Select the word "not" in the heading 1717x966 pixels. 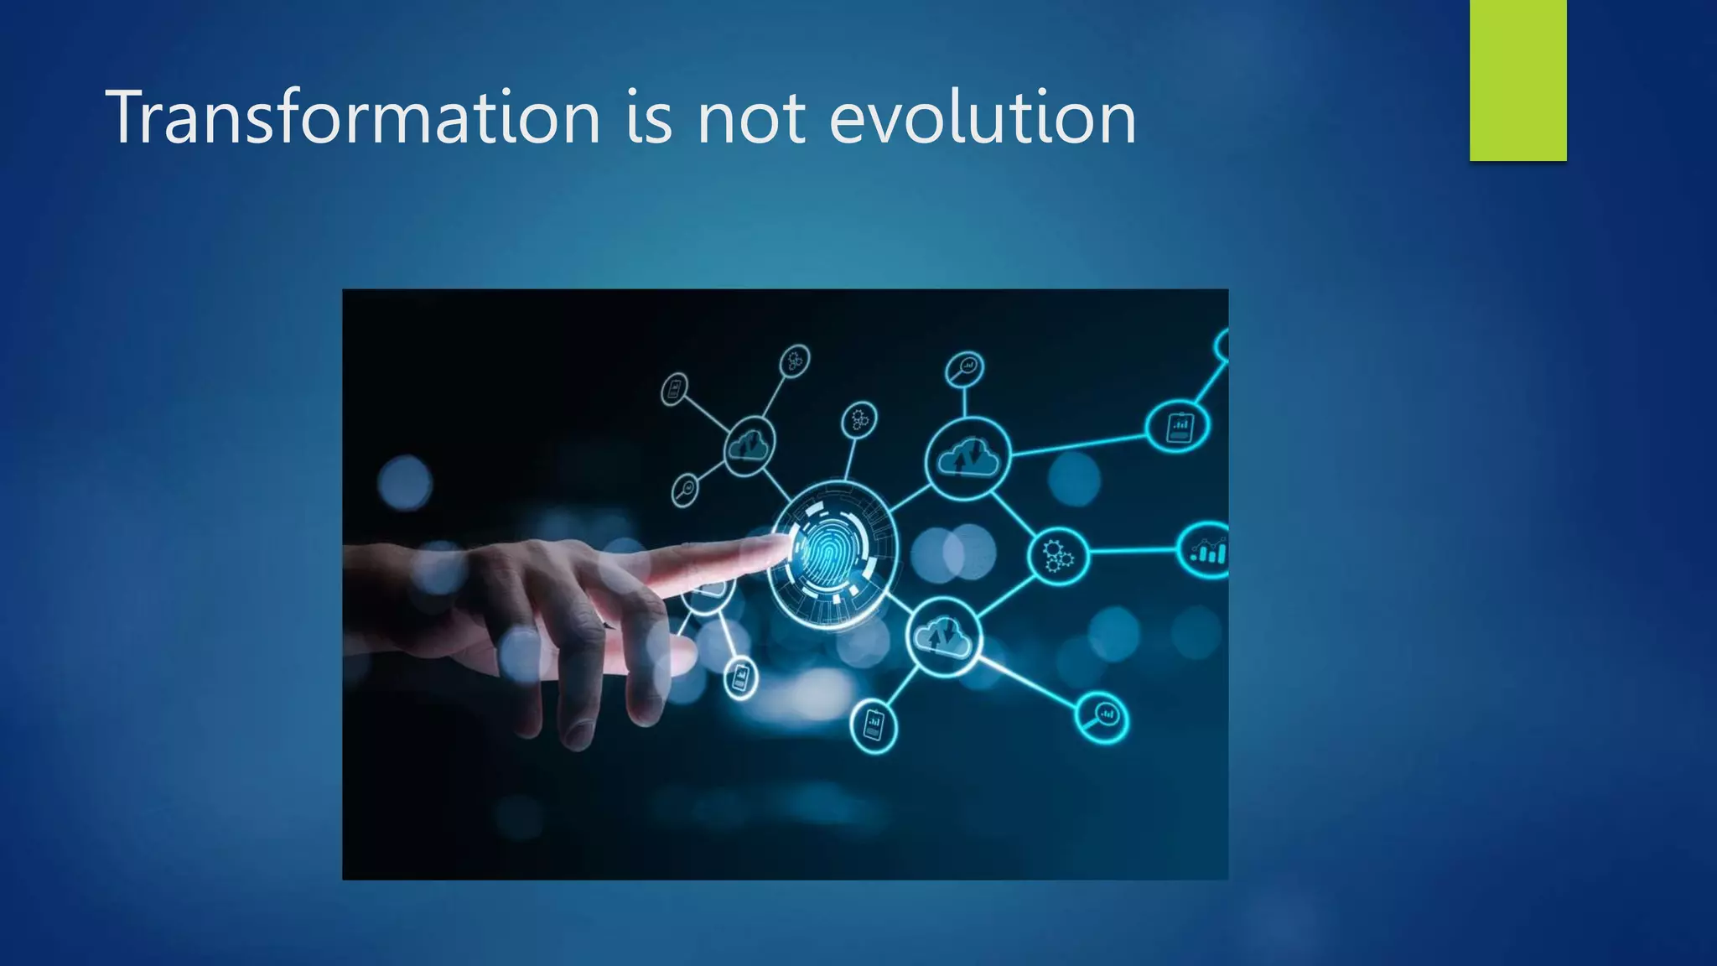[750, 118]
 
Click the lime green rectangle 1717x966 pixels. [1517, 80]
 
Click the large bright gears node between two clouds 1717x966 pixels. [1058, 555]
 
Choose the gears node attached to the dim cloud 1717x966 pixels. [794, 361]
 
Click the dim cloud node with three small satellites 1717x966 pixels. [749, 445]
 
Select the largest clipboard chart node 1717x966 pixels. [1178, 427]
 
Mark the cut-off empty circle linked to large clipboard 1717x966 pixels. [1223, 345]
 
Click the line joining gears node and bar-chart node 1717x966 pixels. [1132, 551]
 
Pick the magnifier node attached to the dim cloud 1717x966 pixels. [686, 489]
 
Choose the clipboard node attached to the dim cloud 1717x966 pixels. [674, 389]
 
